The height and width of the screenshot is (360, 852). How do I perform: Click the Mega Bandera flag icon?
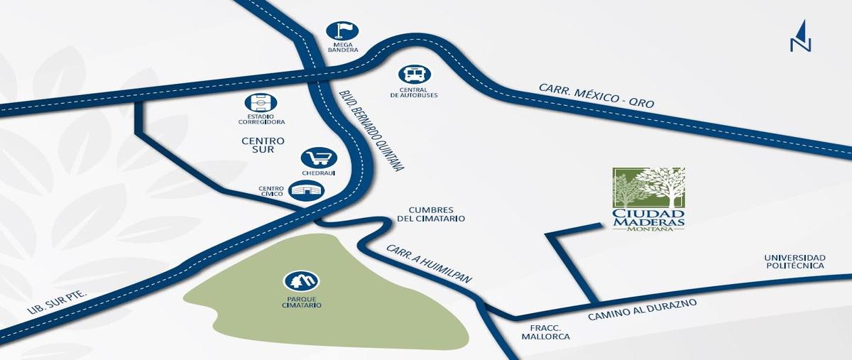[x=342, y=31]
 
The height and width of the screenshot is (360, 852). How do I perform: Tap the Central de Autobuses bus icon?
[x=414, y=74]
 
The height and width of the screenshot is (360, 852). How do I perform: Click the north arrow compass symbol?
[x=800, y=36]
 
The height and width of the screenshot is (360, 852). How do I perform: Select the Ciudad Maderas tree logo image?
[x=648, y=187]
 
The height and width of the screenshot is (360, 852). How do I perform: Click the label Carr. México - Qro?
[x=596, y=97]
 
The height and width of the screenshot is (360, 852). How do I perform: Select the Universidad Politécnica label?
[x=794, y=261]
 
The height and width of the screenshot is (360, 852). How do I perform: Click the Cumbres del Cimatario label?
[x=437, y=214]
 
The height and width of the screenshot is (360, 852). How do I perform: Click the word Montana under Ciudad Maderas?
[x=648, y=227]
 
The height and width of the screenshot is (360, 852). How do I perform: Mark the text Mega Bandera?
[x=342, y=49]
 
